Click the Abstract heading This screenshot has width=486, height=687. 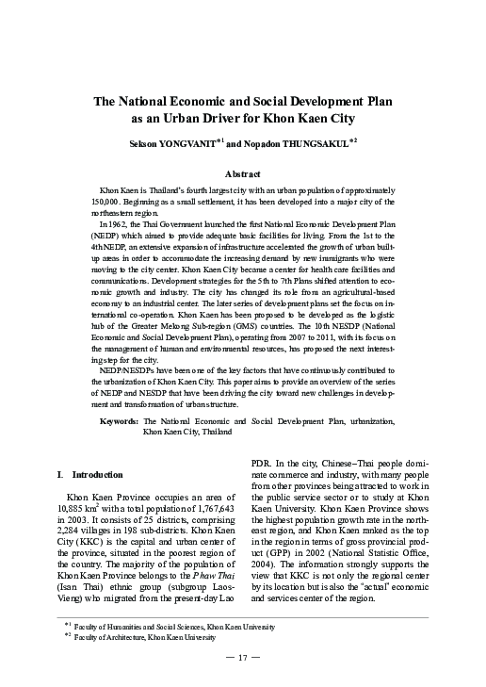[x=242, y=174]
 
